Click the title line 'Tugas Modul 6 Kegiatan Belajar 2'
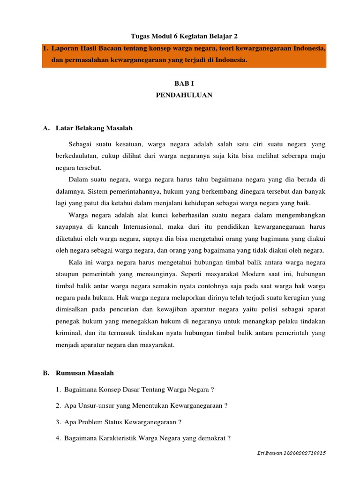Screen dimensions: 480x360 180,36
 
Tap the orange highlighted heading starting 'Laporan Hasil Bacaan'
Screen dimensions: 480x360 184,54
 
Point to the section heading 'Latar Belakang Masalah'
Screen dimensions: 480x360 94,127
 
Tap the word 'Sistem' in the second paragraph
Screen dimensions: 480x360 97,191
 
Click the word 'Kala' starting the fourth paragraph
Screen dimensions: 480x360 75,262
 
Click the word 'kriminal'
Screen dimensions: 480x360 67,333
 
